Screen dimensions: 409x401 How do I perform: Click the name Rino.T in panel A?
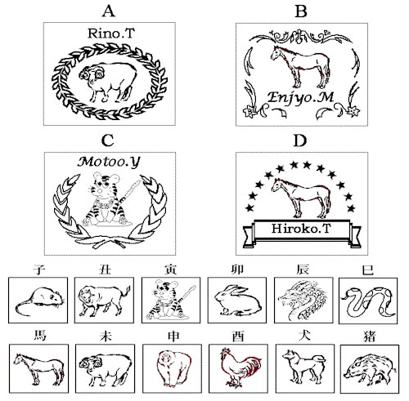click(x=111, y=33)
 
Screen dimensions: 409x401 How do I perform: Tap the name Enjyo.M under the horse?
click(x=300, y=97)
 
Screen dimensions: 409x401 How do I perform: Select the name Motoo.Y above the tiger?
click(x=109, y=163)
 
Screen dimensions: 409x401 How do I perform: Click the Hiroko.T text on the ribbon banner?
click(x=301, y=228)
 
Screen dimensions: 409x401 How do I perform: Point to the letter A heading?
click(x=109, y=11)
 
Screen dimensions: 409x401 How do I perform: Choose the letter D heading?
click(x=300, y=140)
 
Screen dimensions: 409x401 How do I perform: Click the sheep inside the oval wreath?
click(x=108, y=82)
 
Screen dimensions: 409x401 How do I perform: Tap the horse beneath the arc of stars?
click(x=301, y=198)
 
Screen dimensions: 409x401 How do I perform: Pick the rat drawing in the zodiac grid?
click(x=40, y=301)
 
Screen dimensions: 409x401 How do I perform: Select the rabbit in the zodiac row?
click(x=238, y=301)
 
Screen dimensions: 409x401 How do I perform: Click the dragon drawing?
click(x=303, y=301)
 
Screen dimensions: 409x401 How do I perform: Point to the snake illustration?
click(x=368, y=301)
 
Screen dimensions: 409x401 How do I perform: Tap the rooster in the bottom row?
click(x=240, y=368)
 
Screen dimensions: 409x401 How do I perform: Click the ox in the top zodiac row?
click(x=104, y=301)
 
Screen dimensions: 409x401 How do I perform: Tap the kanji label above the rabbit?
click(x=237, y=270)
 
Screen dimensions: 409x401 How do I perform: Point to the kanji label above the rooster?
click(x=238, y=336)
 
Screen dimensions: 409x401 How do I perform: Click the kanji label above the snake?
click(x=367, y=270)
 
